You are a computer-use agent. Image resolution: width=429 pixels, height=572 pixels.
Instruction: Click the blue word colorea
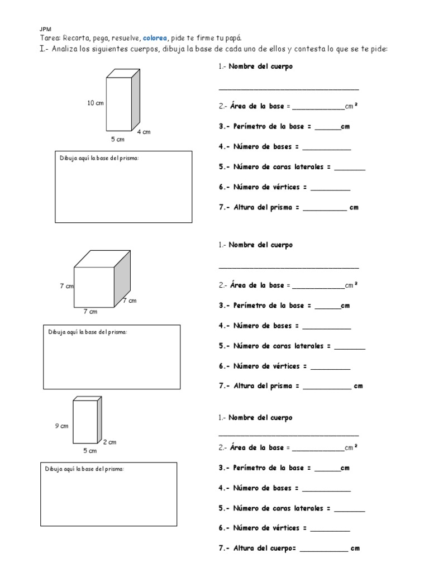(x=154, y=38)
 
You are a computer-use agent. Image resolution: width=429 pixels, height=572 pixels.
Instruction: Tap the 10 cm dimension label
(x=95, y=103)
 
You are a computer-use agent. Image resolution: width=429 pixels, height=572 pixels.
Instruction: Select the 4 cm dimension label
(x=144, y=132)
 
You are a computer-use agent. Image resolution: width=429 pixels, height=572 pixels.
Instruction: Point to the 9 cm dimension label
(x=61, y=426)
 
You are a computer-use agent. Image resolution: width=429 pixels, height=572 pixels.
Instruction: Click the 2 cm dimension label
(x=109, y=442)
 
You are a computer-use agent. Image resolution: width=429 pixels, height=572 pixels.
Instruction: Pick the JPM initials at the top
(x=45, y=28)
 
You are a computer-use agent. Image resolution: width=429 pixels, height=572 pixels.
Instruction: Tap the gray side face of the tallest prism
(x=135, y=99)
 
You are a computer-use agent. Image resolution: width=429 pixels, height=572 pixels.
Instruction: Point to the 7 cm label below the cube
(x=90, y=312)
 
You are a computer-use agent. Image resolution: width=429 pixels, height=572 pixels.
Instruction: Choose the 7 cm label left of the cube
(x=66, y=286)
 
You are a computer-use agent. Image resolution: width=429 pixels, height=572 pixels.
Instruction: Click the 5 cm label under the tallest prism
(x=117, y=139)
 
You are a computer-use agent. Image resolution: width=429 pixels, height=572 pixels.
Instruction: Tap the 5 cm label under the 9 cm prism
(x=89, y=451)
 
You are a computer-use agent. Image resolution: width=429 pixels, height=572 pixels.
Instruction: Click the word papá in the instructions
(x=232, y=38)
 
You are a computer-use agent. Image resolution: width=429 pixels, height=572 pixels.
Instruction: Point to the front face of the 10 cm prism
(x=118, y=103)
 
